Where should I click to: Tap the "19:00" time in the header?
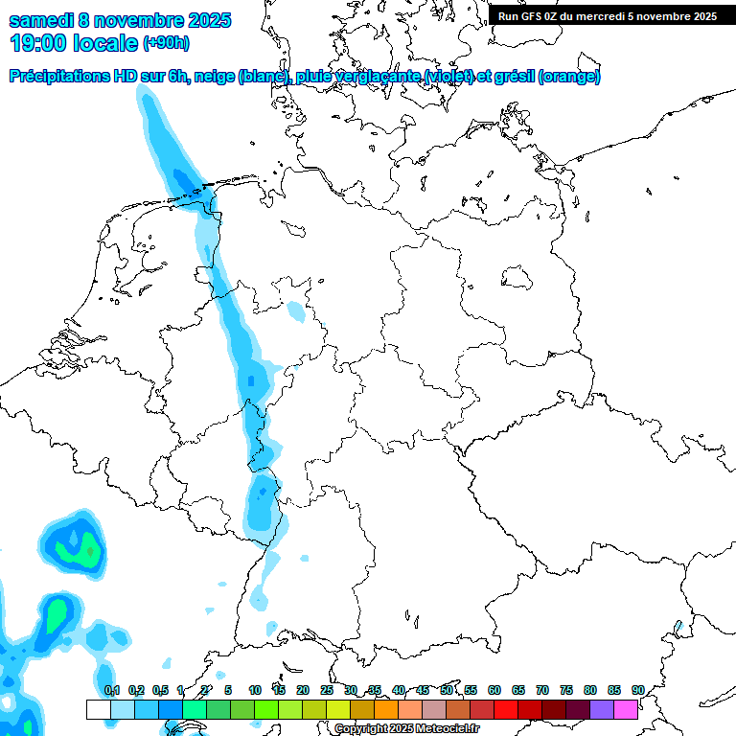click(36, 43)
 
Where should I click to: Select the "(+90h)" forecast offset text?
click(166, 43)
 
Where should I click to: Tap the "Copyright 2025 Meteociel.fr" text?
click(407, 728)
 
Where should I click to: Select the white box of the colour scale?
click(98, 709)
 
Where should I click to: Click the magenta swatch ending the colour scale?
click(626, 709)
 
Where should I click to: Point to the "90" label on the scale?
click(638, 690)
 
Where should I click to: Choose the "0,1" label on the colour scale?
click(111, 690)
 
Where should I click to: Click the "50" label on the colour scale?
click(447, 690)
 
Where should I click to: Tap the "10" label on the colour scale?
click(255, 690)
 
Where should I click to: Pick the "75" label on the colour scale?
click(566, 690)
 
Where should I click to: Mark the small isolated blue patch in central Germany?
click(296, 311)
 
